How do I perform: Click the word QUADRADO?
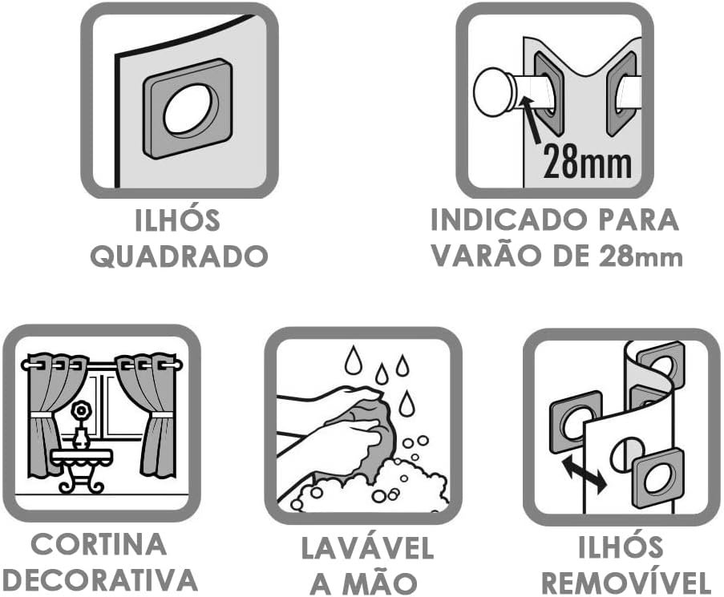point(179,256)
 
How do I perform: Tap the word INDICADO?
point(508,220)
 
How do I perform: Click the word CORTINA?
point(99,544)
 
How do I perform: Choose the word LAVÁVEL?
point(367,548)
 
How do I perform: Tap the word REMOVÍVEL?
point(625,583)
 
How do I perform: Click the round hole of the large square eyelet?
point(187,110)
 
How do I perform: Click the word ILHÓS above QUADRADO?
point(177,220)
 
